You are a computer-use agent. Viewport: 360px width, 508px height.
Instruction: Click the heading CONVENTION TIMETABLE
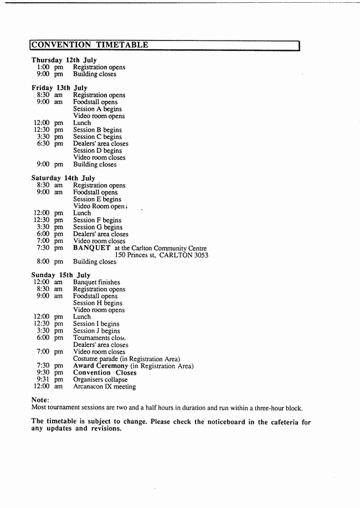coord(90,45)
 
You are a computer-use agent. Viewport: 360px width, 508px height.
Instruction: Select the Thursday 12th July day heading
coord(64,60)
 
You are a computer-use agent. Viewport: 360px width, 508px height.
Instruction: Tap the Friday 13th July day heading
coord(59,88)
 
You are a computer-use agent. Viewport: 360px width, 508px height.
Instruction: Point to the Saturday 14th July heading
coord(63,178)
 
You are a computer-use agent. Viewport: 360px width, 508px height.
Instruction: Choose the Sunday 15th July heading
coord(61,275)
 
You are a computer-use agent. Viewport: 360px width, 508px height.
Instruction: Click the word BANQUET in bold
coord(91,248)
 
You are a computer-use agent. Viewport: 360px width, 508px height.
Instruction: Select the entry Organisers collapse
coord(100,380)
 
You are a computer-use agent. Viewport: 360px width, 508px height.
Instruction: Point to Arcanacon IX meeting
coord(104,387)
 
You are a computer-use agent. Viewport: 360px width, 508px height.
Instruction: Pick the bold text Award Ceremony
coord(100,366)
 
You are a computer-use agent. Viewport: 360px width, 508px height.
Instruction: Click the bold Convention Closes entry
coord(105,373)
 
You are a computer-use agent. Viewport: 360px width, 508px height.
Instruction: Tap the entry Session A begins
coord(97,109)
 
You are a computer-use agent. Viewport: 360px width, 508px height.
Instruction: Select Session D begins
coord(97,151)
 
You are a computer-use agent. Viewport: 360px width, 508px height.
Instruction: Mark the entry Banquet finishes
coord(96,282)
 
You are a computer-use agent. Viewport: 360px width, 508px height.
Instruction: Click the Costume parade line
coord(126,359)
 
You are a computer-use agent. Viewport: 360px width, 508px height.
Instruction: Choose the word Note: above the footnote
coord(40,400)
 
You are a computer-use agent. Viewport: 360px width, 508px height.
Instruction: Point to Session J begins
coord(96,331)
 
